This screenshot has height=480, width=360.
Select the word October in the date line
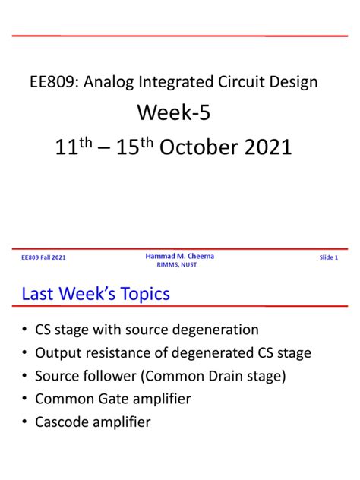(202, 147)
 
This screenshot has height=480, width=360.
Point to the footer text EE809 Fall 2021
(43, 258)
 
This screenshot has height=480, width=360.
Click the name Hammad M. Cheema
(179, 256)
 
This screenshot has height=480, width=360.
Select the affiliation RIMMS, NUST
(179, 265)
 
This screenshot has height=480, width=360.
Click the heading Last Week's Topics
(95, 294)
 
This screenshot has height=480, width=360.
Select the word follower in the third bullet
(113, 376)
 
